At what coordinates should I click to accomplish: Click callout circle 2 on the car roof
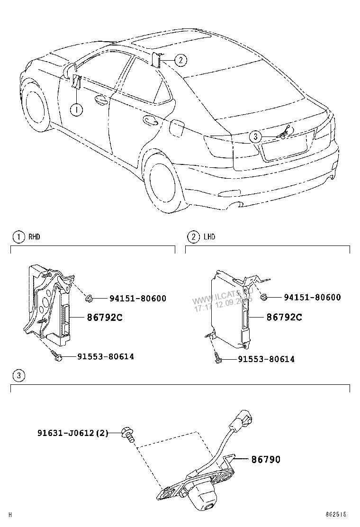coord(180,60)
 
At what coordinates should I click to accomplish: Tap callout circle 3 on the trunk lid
coord(255,136)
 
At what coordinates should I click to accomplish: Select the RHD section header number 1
coord(18,236)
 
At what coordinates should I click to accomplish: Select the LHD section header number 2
coord(193,236)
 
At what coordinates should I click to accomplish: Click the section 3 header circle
coord(18,376)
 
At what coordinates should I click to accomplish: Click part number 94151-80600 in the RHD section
coord(138,299)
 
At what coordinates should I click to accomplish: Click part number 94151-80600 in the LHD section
coord(312,298)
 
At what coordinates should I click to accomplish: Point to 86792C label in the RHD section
coord(104,318)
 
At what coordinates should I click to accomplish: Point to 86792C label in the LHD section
coord(284,317)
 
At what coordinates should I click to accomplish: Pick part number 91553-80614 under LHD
coord(266,359)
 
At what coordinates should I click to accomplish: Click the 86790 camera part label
coord(265,459)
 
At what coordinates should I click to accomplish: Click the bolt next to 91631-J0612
coord(128,433)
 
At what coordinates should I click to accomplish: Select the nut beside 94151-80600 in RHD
coord(88,298)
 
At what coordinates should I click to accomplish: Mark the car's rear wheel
coord(163,181)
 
